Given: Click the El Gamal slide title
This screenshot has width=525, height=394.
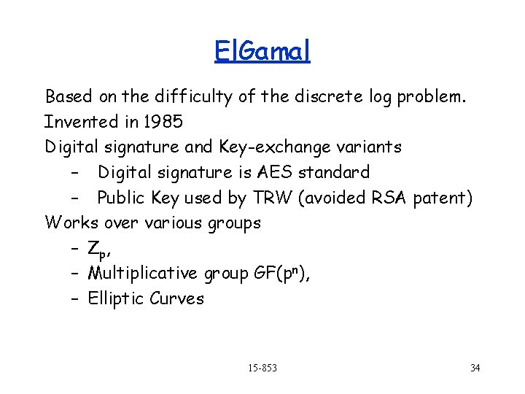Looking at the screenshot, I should tap(262, 50).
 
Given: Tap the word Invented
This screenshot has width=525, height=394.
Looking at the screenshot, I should tap(79, 121).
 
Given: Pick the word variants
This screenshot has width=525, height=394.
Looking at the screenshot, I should tap(368, 147).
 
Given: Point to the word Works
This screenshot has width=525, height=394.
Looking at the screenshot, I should tap(71, 223).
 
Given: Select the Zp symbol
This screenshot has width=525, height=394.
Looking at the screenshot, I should tap(98, 250).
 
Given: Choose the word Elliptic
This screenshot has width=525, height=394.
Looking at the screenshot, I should tap(116, 298).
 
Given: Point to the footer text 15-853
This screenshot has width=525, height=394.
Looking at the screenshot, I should tap(262, 367).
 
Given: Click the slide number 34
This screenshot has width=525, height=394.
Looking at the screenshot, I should tap(475, 367).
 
